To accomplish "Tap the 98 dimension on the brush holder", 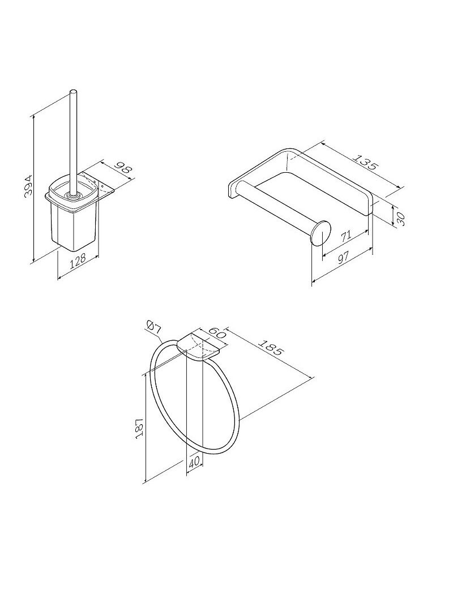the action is pyautogui.click(x=123, y=169).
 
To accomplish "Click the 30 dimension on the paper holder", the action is pyautogui.click(x=401, y=219).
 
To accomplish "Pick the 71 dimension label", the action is pyautogui.click(x=345, y=237).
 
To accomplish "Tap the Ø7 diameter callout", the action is pyautogui.click(x=153, y=328).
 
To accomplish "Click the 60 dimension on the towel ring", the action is pyautogui.click(x=219, y=332).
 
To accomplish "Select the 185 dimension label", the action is pyautogui.click(x=271, y=347).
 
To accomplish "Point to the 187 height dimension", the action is pyautogui.click(x=138, y=429).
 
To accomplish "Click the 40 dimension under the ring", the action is pyautogui.click(x=194, y=462).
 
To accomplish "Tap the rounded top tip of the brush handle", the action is pyautogui.click(x=74, y=92).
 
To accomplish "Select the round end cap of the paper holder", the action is pyautogui.click(x=321, y=233).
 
